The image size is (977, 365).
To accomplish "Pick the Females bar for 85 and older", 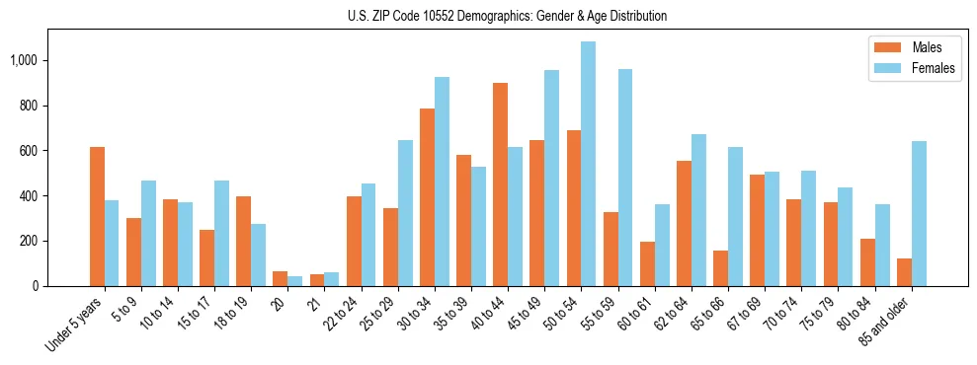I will point(918,213).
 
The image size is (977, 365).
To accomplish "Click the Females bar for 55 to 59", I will point(624,178).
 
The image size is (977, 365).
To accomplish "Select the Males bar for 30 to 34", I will point(427,197).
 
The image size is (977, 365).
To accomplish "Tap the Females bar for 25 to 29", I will point(405,213).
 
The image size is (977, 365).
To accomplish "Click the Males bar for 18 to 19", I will point(244,241).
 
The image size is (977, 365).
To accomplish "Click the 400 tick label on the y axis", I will point(30,195).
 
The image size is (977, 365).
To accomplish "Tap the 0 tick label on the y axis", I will point(36,286).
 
